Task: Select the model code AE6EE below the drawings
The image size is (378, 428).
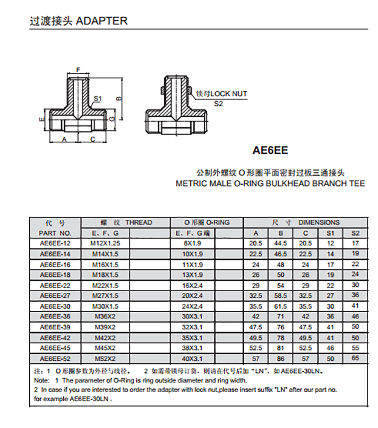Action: click(270, 151)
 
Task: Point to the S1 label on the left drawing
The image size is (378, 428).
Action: click(98, 99)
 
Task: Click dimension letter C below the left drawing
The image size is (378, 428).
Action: click(93, 139)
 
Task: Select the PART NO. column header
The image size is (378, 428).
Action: click(55, 233)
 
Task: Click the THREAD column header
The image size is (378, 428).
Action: click(138, 223)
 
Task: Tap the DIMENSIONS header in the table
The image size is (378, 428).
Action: click(319, 223)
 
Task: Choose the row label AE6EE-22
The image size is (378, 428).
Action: click(55, 285)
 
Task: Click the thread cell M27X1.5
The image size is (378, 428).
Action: click(105, 296)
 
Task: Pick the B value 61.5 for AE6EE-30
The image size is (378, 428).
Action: click(281, 306)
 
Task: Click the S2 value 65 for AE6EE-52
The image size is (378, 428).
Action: click(355, 359)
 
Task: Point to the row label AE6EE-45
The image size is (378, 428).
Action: click(55, 348)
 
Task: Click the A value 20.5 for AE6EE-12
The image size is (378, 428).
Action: click(256, 243)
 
